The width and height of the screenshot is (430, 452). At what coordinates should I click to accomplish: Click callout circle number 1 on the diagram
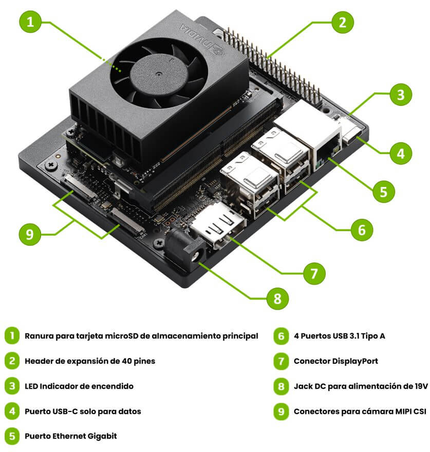click(x=30, y=22)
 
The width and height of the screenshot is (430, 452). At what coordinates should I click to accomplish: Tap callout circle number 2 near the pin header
click(x=342, y=22)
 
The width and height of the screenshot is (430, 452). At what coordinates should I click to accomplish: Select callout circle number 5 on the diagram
click(x=383, y=192)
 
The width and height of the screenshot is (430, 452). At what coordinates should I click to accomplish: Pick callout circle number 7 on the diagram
click(x=314, y=273)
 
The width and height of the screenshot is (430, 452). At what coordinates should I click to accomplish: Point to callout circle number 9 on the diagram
click(x=30, y=234)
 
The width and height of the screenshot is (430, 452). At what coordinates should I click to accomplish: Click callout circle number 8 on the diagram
click(x=277, y=298)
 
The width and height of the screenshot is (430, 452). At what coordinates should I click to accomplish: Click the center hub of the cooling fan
click(x=158, y=74)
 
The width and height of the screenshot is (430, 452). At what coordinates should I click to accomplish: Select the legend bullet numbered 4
click(x=12, y=411)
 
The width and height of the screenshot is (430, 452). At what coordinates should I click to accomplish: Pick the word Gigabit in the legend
click(x=102, y=436)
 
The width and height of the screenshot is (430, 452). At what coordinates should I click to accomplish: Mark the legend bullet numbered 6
click(x=281, y=336)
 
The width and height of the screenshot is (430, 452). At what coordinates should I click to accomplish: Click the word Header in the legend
click(x=36, y=361)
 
